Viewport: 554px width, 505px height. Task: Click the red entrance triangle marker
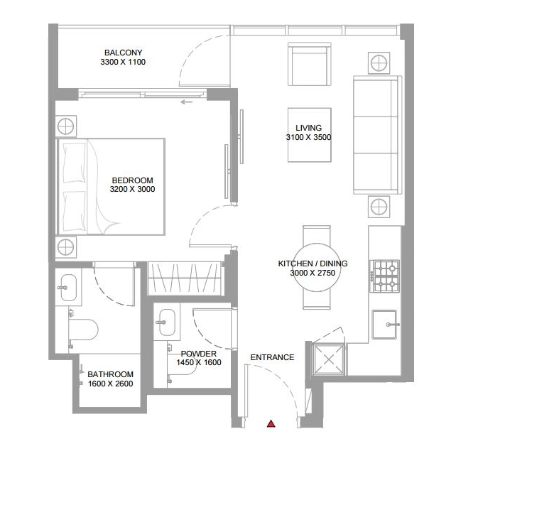(271, 424)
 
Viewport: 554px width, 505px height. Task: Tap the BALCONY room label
(124, 53)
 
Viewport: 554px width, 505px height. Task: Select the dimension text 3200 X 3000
(133, 189)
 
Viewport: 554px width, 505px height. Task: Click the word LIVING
(309, 128)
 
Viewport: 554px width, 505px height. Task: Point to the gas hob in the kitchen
(385, 276)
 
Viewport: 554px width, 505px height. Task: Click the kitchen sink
(384, 325)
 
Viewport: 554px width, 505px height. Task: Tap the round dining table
(317, 267)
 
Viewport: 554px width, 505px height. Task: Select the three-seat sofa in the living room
(378, 135)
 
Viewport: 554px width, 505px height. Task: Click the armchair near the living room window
(310, 64)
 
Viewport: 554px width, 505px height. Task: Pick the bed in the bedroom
(111, 187)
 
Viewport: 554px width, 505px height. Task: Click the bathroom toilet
(82, 330)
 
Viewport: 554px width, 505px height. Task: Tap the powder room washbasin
(166, 322)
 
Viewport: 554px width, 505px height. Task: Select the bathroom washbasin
(68, 288)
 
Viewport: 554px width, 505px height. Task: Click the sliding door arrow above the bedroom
(187, 102)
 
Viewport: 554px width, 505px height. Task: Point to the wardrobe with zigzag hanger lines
(185, 278)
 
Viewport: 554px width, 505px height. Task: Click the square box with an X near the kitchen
(329, 359)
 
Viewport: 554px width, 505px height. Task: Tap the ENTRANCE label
(273, 358)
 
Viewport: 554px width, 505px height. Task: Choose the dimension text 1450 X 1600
(199, 362)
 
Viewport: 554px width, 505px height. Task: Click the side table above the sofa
(379, 63)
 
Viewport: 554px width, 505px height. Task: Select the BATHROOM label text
(111, 374)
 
